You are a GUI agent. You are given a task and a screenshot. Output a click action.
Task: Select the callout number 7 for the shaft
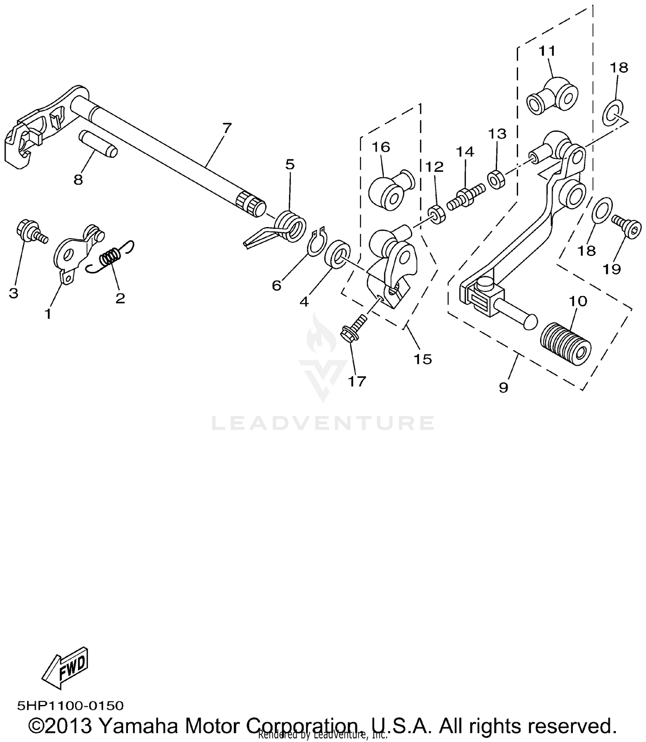pyautogui.click(x=227, y=128)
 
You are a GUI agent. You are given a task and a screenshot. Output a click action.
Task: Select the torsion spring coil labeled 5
pyautogui.click(x=291, y=225)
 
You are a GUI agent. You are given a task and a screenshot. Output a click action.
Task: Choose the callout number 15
pyautogui.click(x=422, y=359)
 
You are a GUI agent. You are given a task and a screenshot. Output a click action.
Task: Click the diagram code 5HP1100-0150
pyautogui.click(x=70, y=705)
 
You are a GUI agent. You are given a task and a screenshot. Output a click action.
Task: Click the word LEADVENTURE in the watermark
pyautogui.click(x=323, y=423)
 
